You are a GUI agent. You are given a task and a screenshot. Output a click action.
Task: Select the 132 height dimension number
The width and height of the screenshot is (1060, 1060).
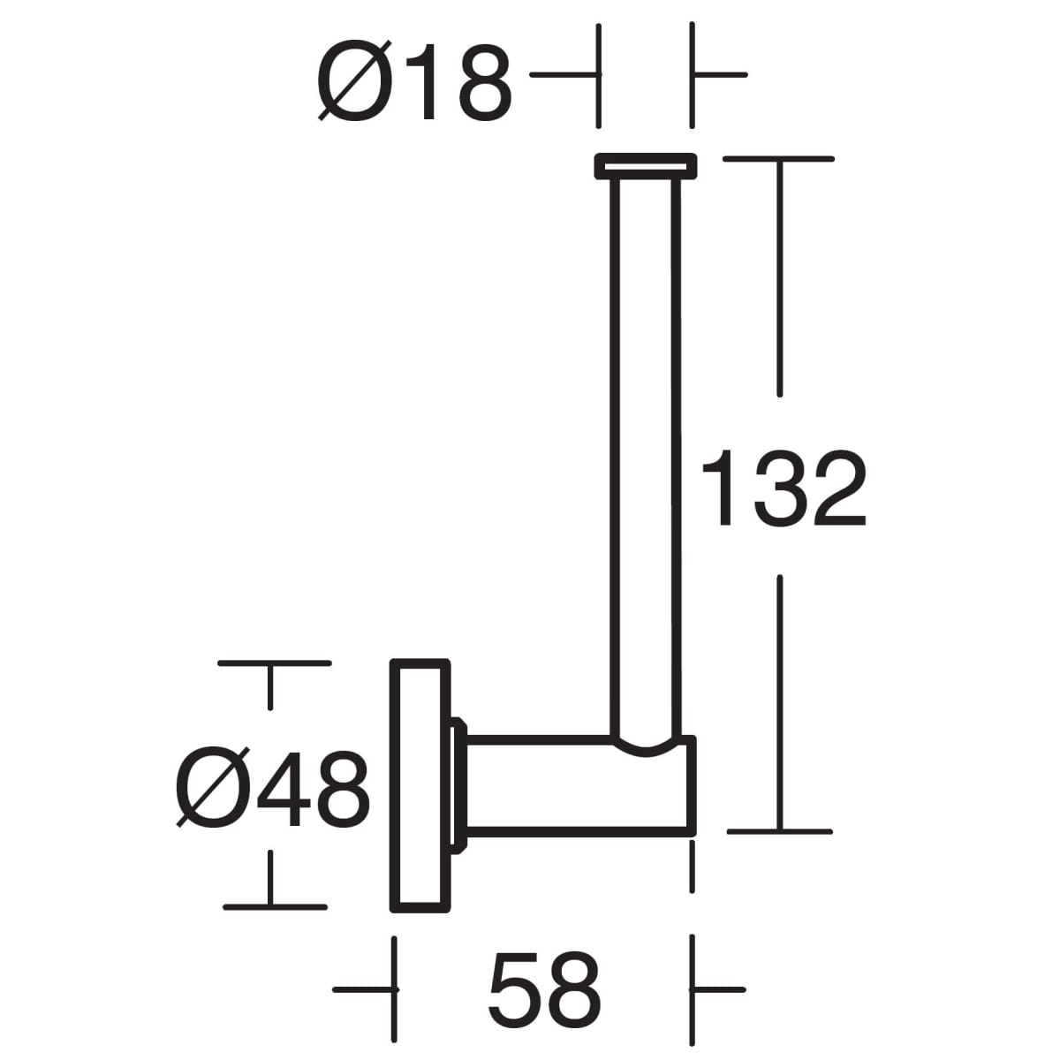pos(783,488)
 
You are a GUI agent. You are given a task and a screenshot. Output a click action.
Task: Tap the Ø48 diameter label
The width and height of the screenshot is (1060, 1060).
pos(272,788)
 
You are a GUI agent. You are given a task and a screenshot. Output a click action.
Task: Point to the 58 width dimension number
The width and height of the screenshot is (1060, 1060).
pos(545,988)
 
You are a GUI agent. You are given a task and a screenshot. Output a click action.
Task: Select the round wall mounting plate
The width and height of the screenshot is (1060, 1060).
pos(420,784)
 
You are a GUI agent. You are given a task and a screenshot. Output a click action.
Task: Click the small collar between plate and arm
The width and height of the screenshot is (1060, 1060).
pos(458,784)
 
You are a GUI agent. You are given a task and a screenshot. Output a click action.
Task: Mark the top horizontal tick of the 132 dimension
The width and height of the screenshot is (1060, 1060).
pos(778,159)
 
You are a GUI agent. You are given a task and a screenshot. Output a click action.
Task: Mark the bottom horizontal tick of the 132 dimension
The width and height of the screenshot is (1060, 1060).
pos(779,831)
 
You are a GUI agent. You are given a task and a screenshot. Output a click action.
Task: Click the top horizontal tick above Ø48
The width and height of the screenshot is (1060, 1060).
pos(274,662)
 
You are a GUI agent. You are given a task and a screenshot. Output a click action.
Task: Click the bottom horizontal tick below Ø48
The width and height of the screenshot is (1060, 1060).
pos(275,906)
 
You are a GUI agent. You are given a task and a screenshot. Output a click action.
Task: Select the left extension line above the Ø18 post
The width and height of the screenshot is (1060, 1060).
pos(598,75)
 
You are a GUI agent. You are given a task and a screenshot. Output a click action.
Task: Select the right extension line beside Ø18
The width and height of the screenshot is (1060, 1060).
pos(692,75)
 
